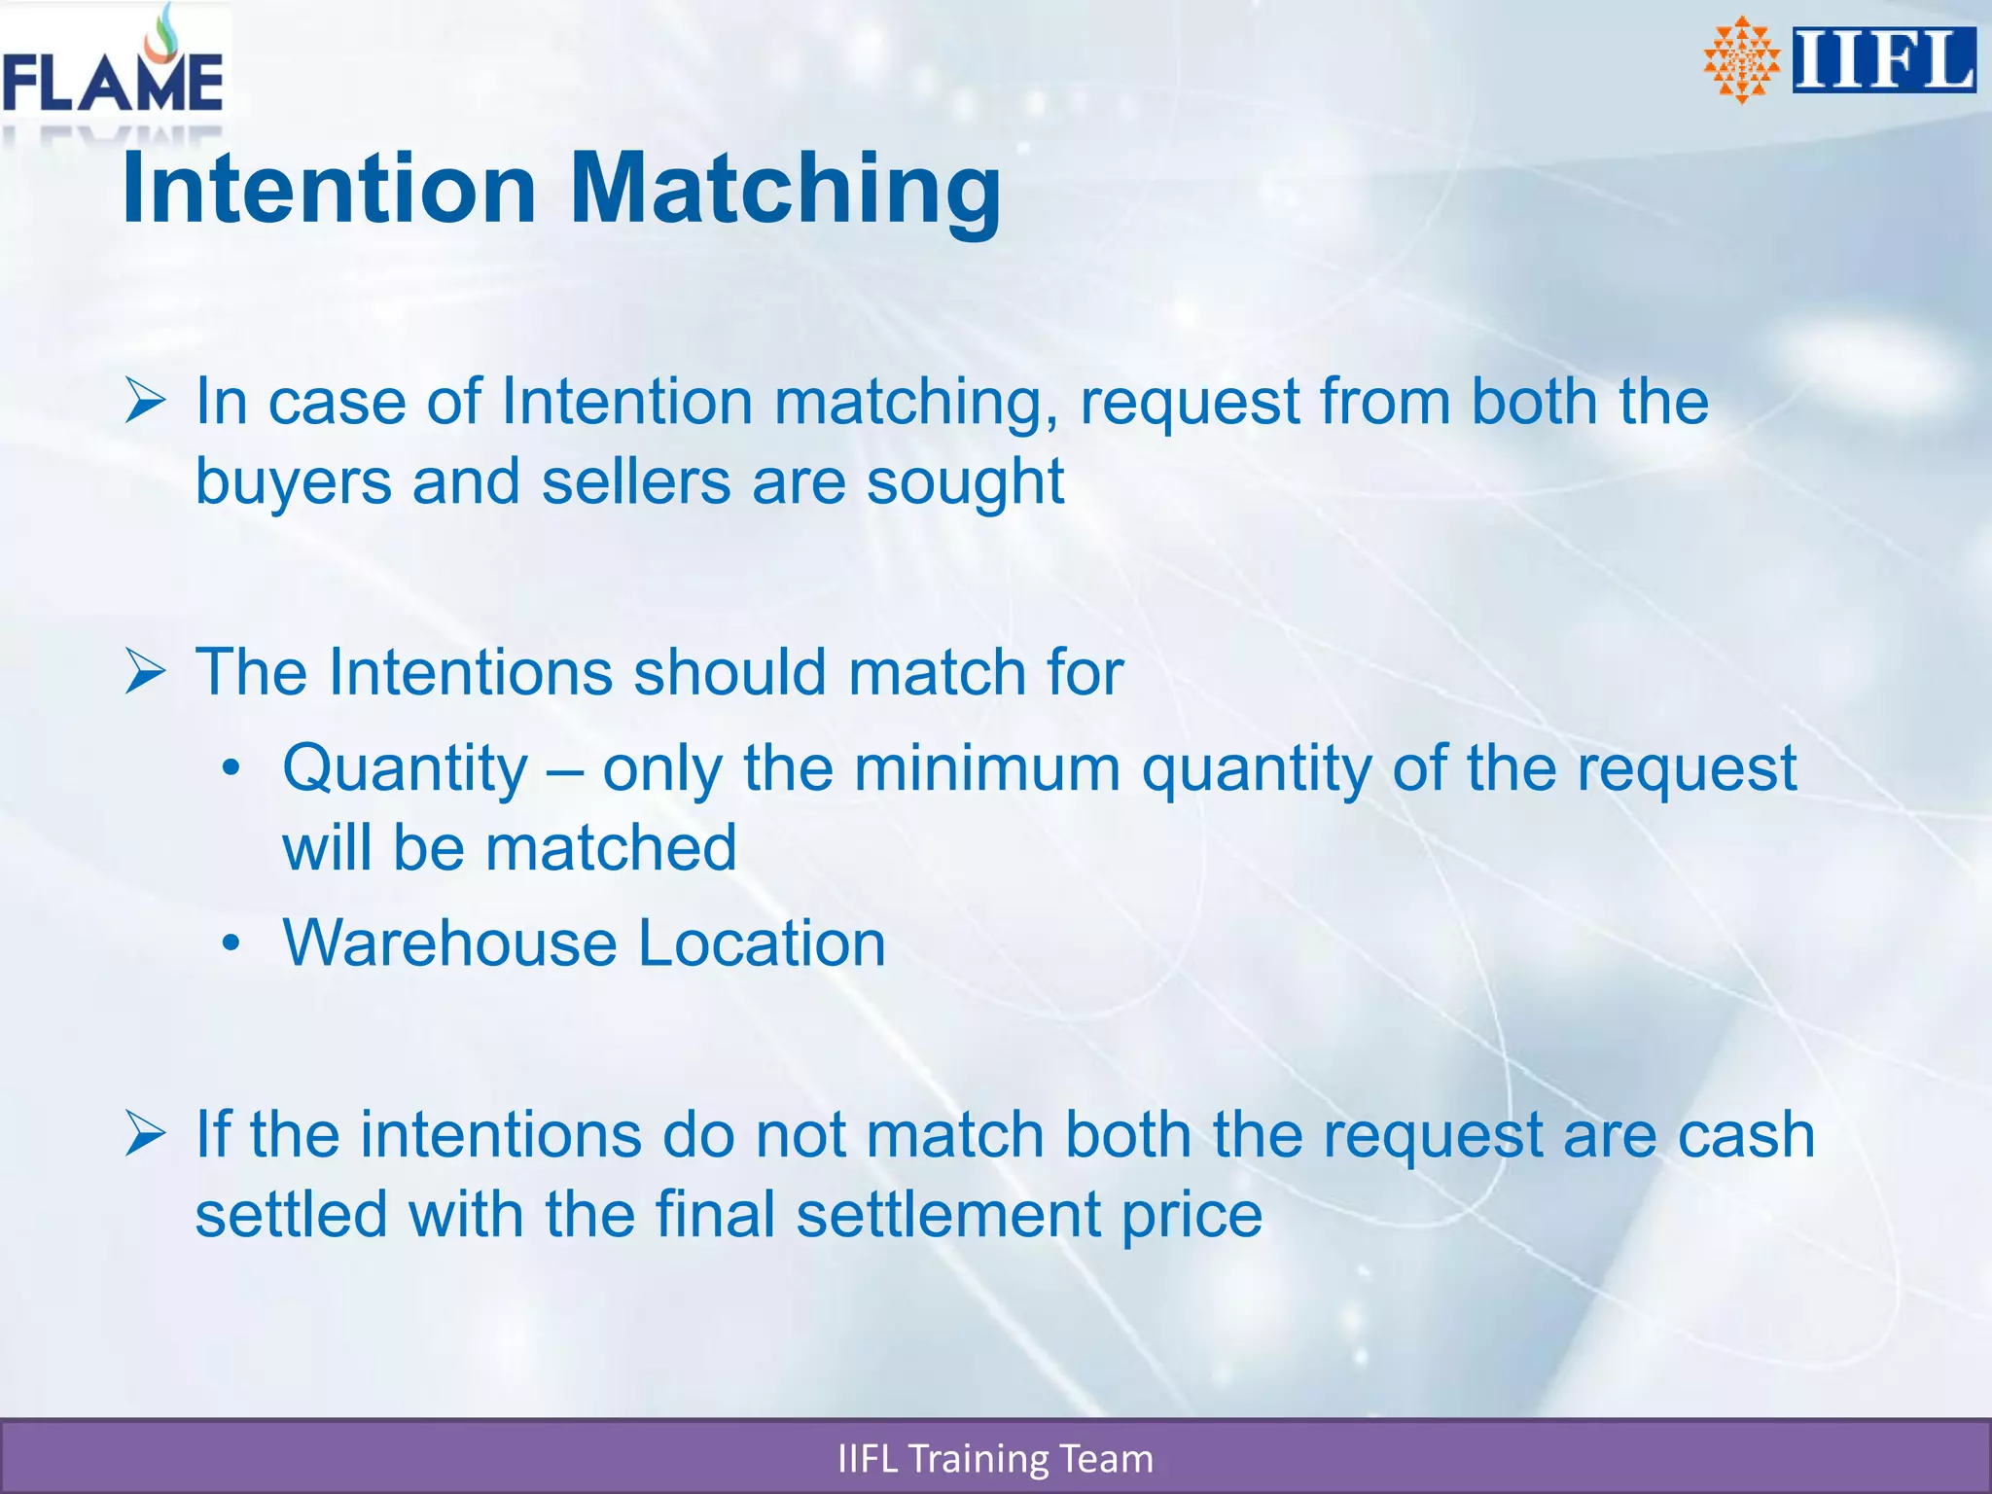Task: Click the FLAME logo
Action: [113, 68]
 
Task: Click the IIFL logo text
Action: [1883, 60]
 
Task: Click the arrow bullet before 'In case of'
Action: [146, 402]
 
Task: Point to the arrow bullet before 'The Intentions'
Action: [146, 673]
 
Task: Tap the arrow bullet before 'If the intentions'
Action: [146, 1135]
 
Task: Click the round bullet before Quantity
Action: [231, 769]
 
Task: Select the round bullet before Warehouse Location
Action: [231, 943]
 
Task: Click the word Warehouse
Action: [449, 943]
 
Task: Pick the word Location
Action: [762, 943]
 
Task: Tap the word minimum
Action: [987, 768]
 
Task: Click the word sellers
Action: [636, 482]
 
